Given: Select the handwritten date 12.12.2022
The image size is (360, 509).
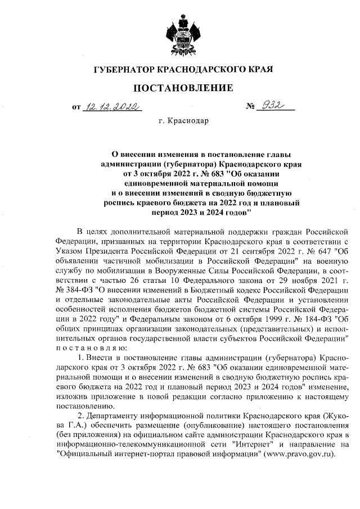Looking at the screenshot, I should click(111, 106).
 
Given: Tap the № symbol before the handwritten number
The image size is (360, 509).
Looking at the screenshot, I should click(251, 106).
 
